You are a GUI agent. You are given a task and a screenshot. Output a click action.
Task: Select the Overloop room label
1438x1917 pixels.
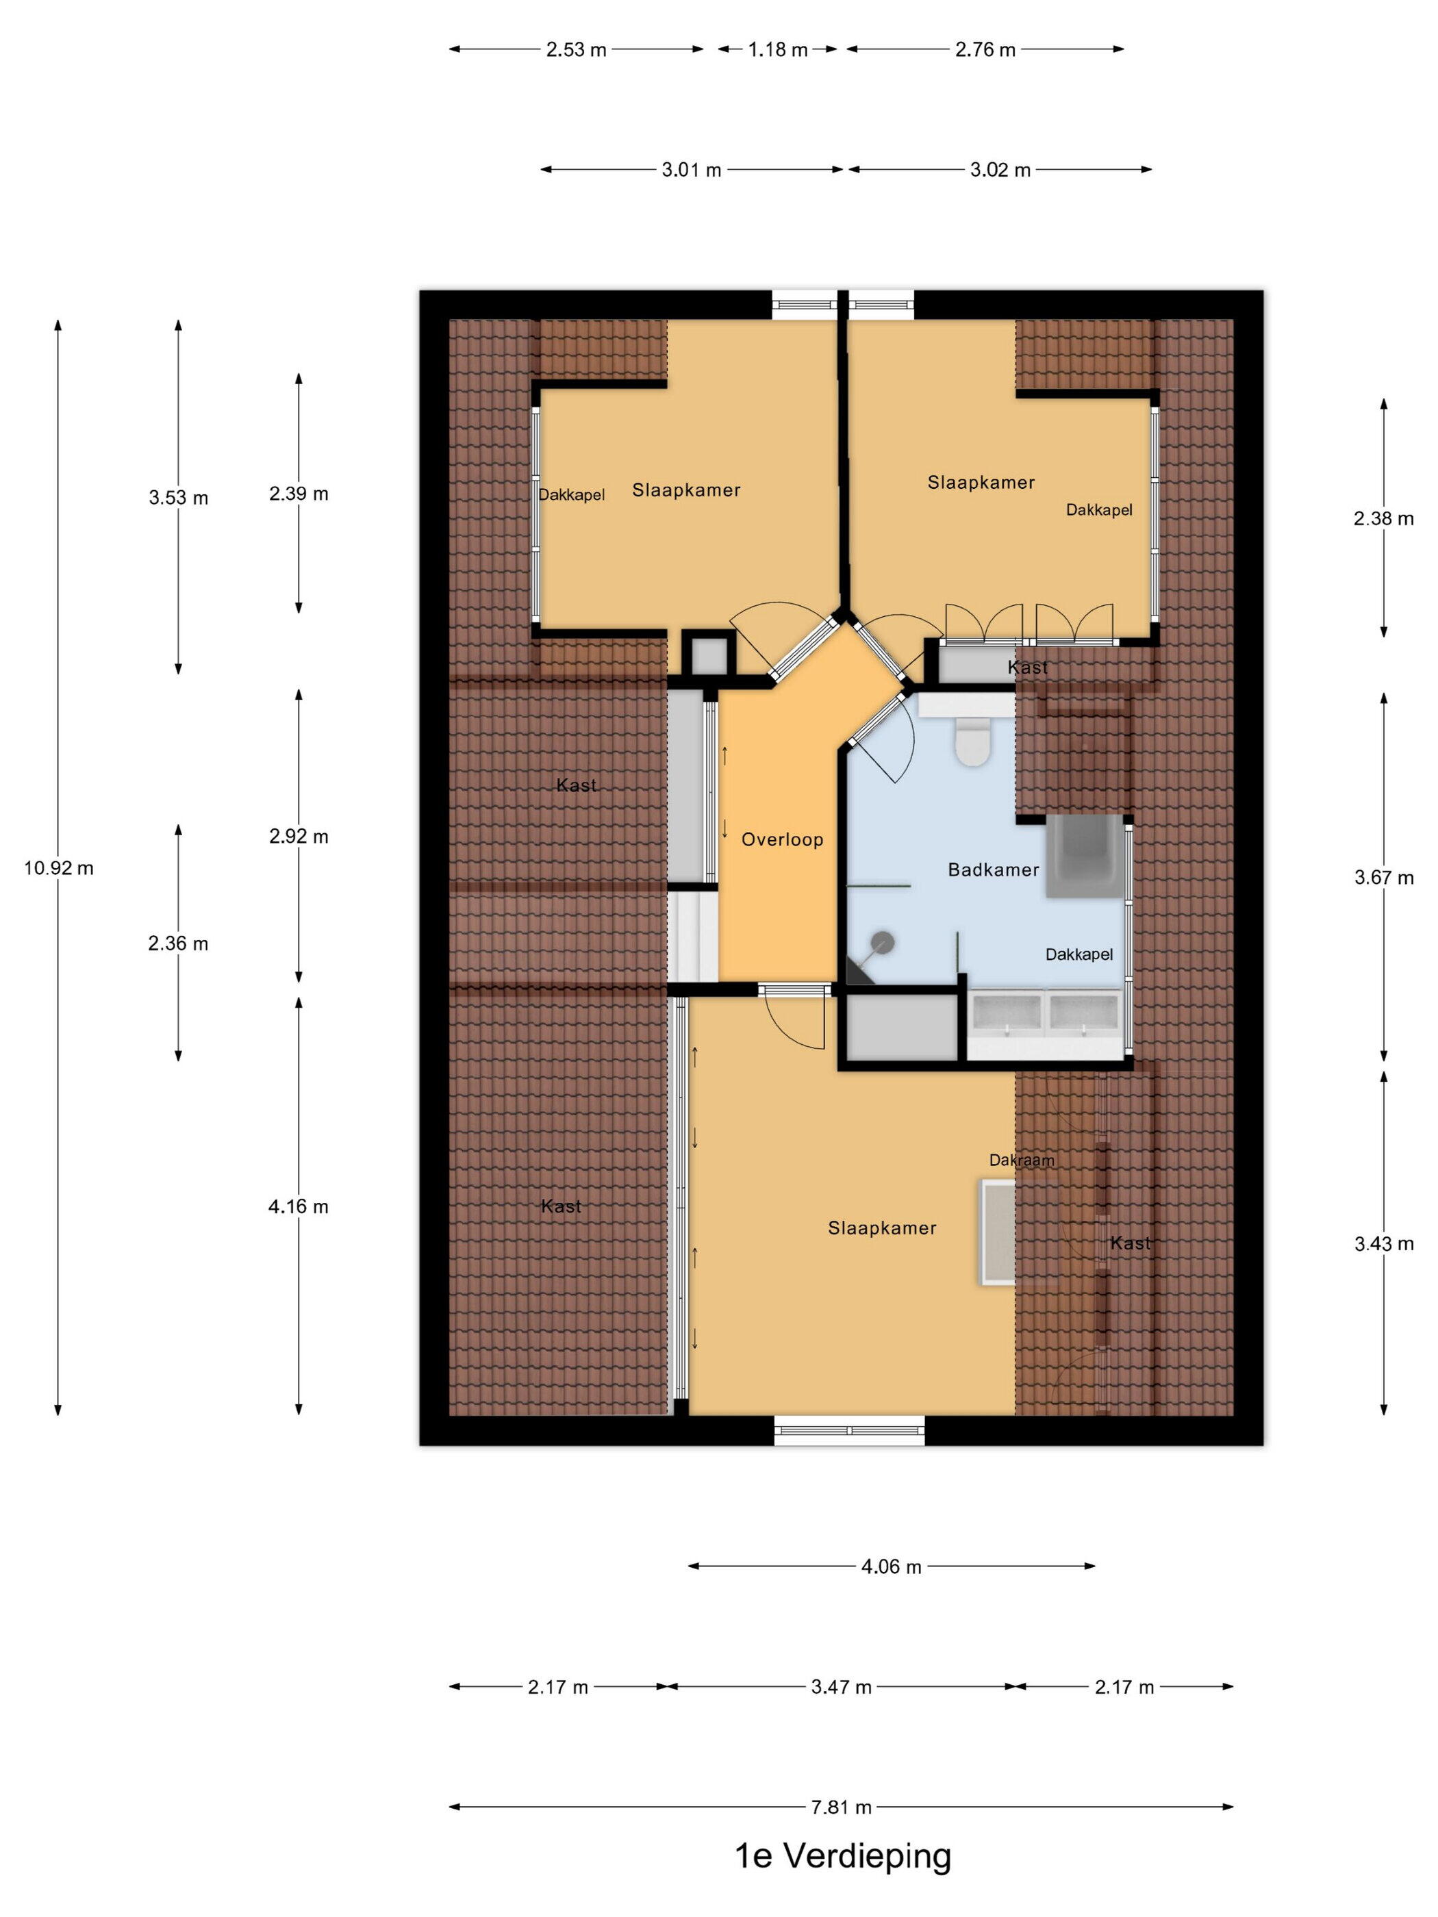pos(782,839)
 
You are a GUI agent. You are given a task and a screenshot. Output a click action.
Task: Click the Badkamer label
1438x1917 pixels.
pos(994,869)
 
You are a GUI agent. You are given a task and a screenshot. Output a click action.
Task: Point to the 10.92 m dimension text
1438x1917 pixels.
pos(58,867)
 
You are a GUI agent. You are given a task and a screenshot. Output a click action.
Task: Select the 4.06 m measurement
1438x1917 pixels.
pos(891,1566)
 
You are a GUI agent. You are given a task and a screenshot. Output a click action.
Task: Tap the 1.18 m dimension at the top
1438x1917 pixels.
pos(777,49)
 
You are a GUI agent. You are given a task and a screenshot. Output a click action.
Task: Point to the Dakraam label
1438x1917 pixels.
pos(1022,1160)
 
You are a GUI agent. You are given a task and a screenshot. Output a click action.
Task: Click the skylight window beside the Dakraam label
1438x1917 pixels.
pos(998,1232)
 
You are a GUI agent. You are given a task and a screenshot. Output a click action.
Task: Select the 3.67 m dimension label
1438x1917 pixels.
pos(1383,877)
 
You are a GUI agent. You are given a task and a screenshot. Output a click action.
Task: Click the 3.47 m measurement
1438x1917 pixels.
pos(841,1686)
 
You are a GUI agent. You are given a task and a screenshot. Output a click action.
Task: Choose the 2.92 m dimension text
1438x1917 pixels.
pos(298,837)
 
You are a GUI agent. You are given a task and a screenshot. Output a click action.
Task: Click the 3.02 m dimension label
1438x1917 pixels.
pos(1000,170)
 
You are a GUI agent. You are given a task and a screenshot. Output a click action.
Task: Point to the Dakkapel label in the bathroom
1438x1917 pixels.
pos(1079,954)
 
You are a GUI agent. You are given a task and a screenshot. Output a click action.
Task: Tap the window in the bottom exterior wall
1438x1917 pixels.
pos(850,1430)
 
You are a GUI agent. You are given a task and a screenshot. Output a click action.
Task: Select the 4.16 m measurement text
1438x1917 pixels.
pos(298,1206)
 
